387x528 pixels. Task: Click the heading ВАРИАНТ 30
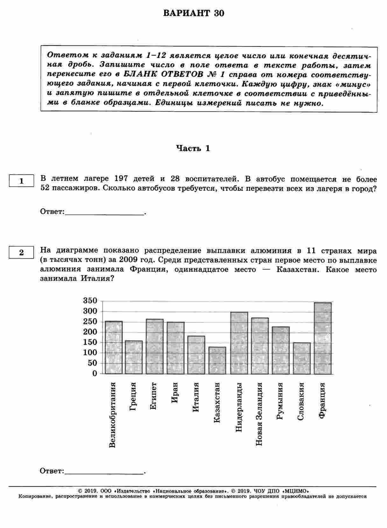[x=193, y=13]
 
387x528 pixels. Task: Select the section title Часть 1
[x=193, y=148]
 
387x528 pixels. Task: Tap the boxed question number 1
[x=21, y=181]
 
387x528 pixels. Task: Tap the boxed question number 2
[x=21, y=253]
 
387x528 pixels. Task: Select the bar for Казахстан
[x=217, y=360]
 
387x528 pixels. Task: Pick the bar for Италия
[x=196, y=355]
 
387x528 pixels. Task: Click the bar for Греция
[x=134, y=357]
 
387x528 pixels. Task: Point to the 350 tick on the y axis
[x=90, y=301]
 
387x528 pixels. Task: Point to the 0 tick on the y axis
[x=95, y=373]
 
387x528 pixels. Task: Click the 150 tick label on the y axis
[x=90, y=342]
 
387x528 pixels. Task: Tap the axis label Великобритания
[x=112, y=415]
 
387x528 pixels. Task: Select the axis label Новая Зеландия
[x=259, y=414]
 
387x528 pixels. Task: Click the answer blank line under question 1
[x=104, y=215]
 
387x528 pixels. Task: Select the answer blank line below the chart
[x=104, y=474]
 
